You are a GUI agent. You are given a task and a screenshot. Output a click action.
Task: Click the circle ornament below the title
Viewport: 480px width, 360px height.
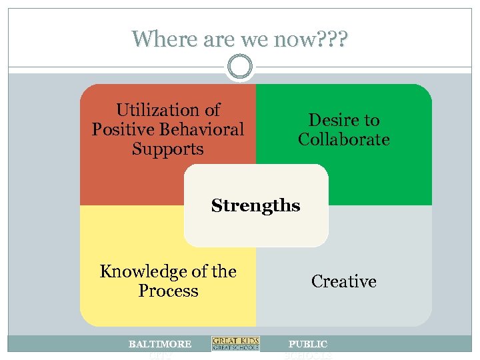point(240,67)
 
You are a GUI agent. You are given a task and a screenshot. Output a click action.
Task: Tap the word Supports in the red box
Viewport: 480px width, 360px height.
point(167,149)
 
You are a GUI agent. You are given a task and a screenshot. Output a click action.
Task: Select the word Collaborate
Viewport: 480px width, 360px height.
point(344,139)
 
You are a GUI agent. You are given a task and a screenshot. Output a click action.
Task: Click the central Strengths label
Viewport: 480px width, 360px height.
point(255,205)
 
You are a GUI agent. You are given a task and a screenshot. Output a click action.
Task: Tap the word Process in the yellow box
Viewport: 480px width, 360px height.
point(168,291)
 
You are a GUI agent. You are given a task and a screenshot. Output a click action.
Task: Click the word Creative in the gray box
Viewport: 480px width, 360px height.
point(344,281)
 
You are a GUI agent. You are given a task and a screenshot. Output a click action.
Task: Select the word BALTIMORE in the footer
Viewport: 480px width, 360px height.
point(160,344)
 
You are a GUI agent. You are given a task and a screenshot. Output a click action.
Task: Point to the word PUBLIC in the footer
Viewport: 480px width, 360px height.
point(308,344)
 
